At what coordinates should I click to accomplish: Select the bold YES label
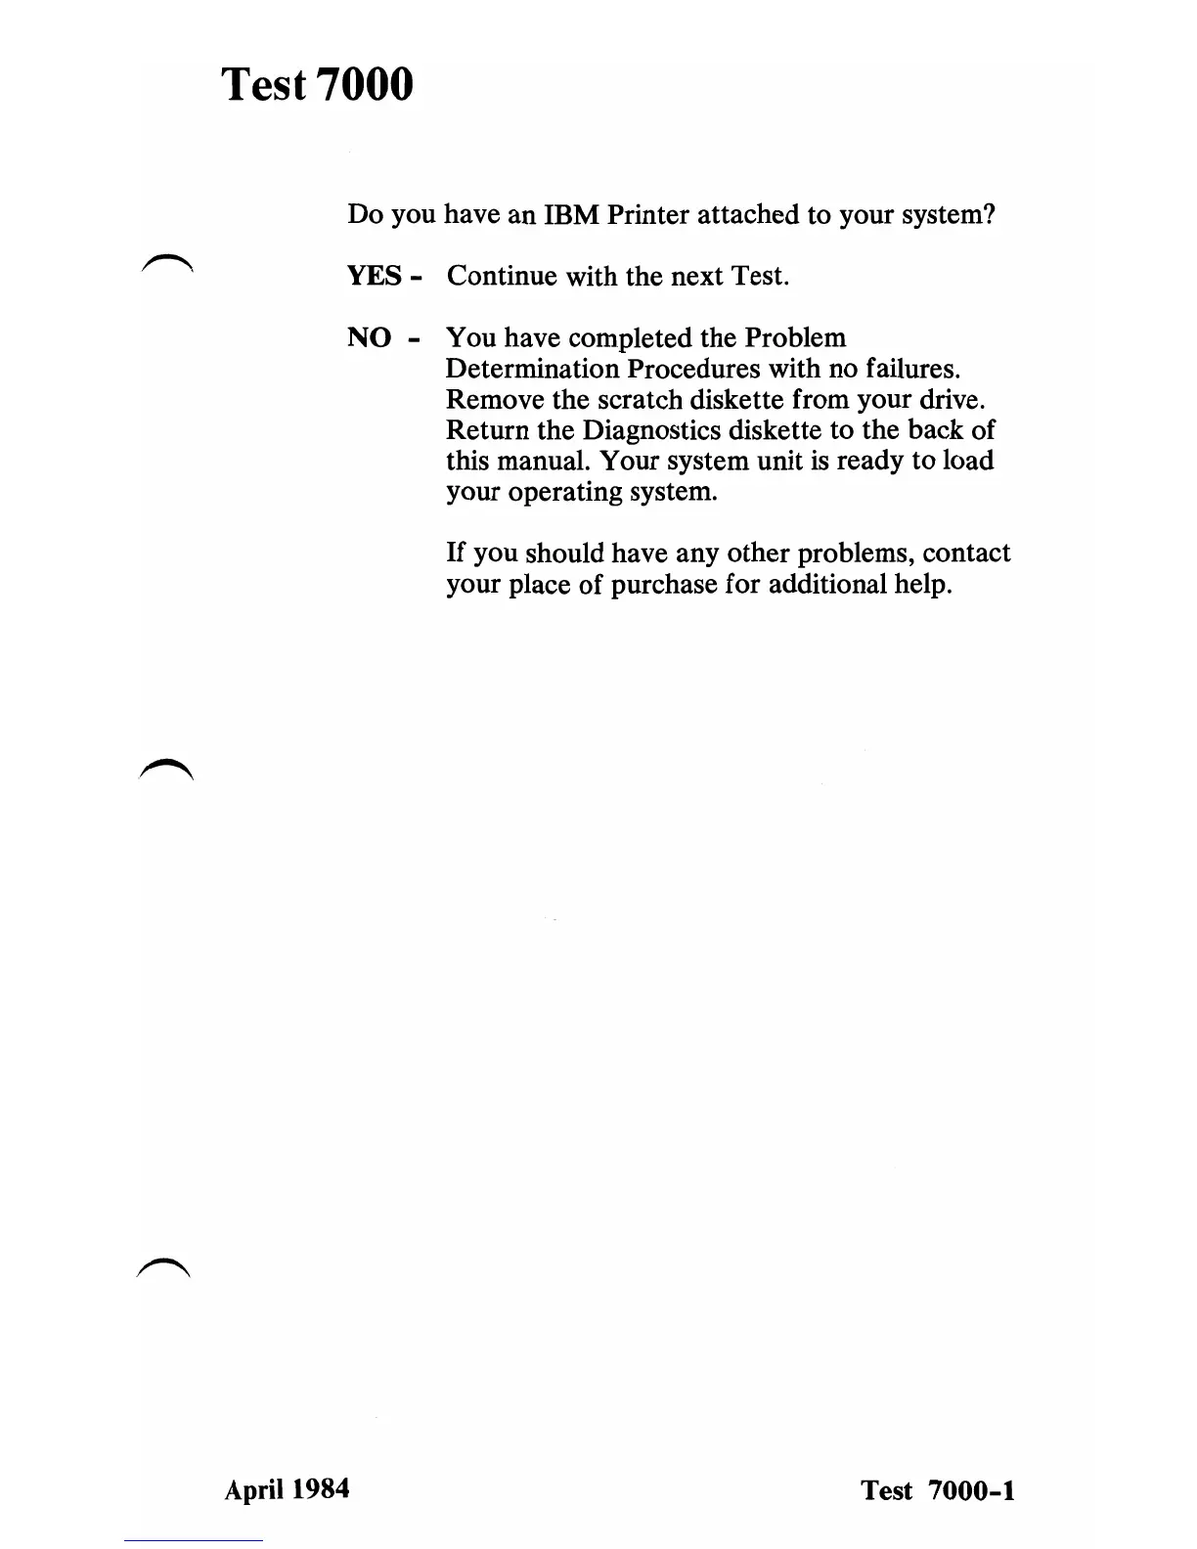pos(375,277)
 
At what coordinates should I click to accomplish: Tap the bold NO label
pos(370,338)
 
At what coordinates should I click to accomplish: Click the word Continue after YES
pos(503,277)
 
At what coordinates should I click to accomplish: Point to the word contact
pos(966,553)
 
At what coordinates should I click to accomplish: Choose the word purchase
pos(664,585)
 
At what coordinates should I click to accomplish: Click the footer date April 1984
pos(287,1489)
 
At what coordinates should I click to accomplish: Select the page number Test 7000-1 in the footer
pos(938,1490)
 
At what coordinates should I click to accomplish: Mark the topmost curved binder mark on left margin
pos(168,260)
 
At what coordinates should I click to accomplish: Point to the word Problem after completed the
pos(795,338)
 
